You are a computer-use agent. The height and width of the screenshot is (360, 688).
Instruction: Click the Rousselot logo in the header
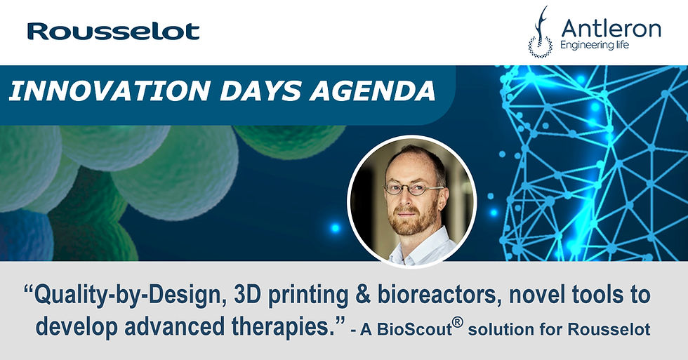114,32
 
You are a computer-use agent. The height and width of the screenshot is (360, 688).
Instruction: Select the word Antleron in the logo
611,29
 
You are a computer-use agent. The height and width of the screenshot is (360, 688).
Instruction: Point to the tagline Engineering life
595,45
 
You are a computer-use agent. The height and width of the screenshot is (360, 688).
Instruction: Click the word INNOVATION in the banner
110,91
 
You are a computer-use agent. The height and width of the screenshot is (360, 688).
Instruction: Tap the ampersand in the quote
363,295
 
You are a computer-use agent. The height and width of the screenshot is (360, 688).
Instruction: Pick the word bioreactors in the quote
439,295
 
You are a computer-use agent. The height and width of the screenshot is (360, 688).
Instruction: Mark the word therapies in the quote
281,327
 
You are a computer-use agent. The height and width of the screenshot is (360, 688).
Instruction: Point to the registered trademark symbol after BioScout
458,322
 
